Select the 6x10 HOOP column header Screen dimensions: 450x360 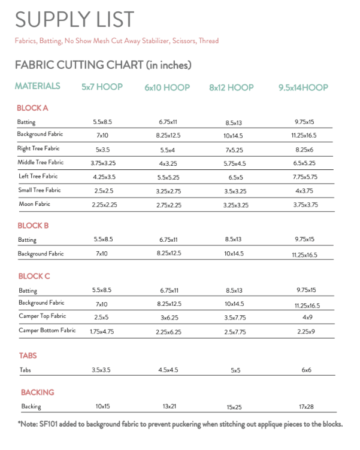pyautogui.click(x=167, y=87)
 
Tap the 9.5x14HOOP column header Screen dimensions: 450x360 pyautogui.click(x=303, y=87)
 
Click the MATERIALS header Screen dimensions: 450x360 pyautogui.click(x=38, y=86)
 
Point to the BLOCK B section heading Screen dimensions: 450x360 pyautogui.click(x=34, y=226)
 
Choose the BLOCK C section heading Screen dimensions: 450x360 pyautogui.click(x=34, y=276)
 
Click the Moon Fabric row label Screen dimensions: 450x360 pyautogui.click(x=35, y=204)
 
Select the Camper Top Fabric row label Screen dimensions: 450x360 pyautogui.click(x=42, y=316)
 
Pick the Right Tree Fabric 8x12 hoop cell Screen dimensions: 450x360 pyautogui.click(x=234, y=148)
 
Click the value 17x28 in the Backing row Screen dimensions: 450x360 pyautogui.click(x=306, y=407)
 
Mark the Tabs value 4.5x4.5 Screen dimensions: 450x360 pyautogui.click(x=168, y=370)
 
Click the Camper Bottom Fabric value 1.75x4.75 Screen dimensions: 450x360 pyautogui.click(x=102, y=331)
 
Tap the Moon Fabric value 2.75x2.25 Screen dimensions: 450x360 pyautogui.click(x=168, y=205)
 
